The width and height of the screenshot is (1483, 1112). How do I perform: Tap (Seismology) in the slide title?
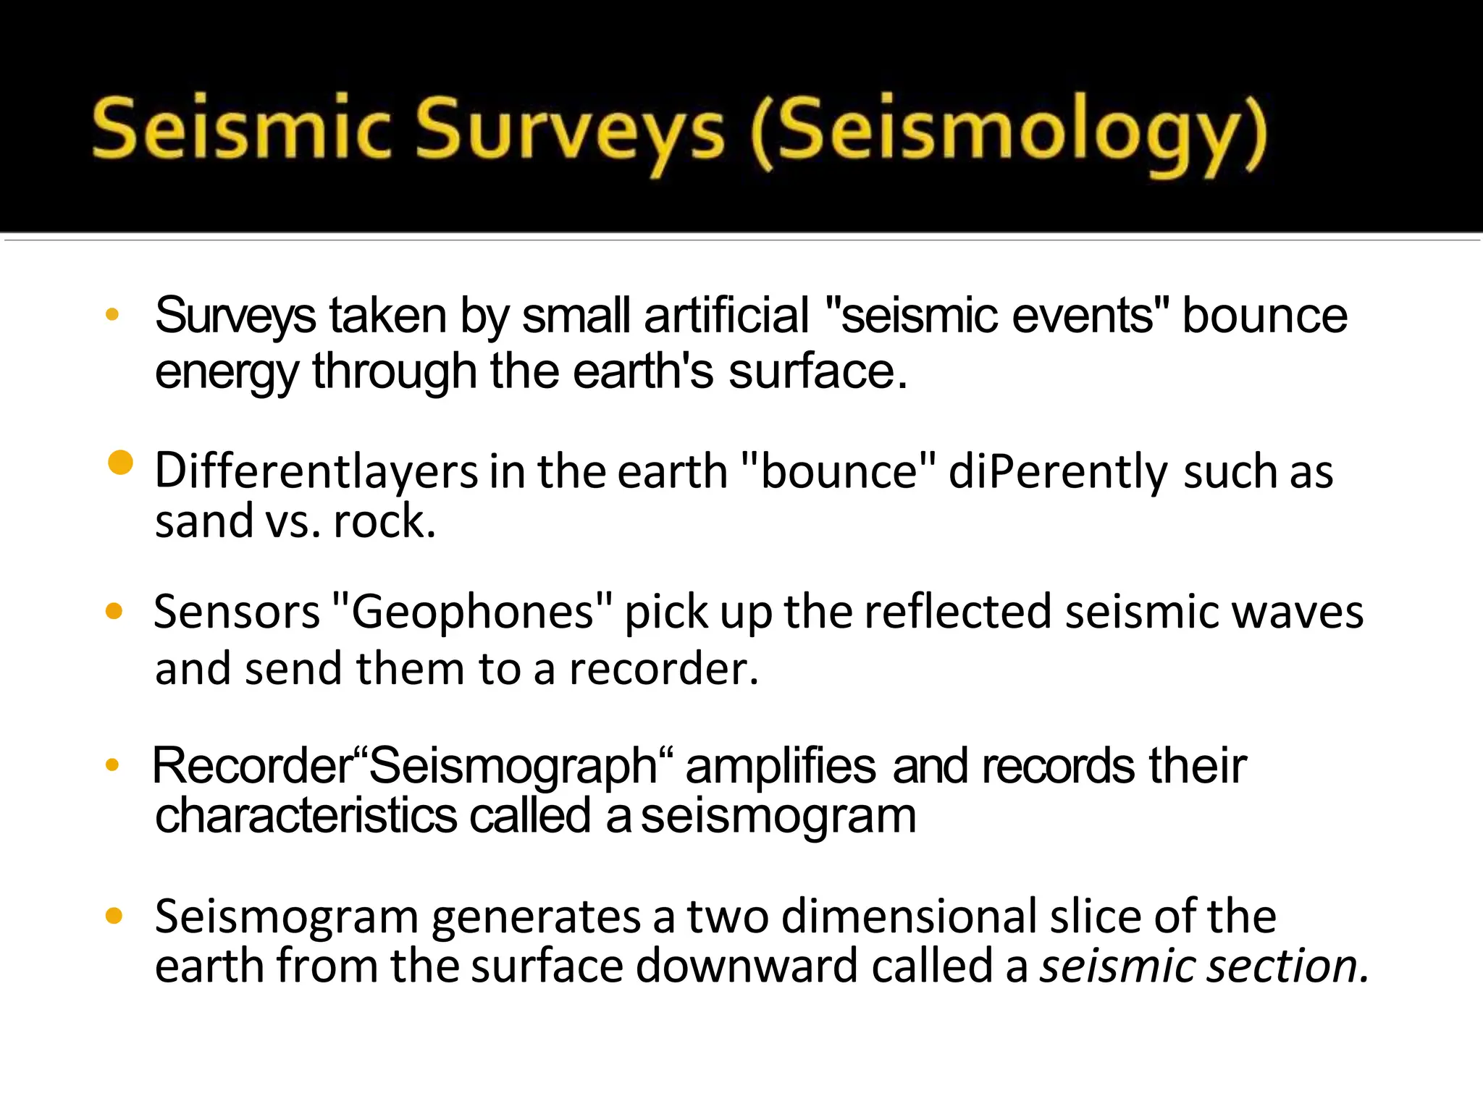tap(1009, 132)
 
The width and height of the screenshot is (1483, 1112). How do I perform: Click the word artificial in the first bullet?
tap(726, 316)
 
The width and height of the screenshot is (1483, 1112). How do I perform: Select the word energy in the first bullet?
tap(226, 372)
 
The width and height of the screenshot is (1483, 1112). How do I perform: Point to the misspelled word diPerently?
tap(1058, 472)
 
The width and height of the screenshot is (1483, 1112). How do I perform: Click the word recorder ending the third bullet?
tap(662, 668)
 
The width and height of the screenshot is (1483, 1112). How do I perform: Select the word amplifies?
tap(781, 767)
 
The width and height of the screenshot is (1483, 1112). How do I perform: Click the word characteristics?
tap(306, 817)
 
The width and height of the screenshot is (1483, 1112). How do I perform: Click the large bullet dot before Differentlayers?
tap(120, 463)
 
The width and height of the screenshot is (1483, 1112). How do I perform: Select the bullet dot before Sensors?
tap(114, 612)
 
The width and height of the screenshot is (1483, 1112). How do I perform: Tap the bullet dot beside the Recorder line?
tap(112, 764)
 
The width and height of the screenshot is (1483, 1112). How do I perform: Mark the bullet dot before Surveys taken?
tap(112, 315)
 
